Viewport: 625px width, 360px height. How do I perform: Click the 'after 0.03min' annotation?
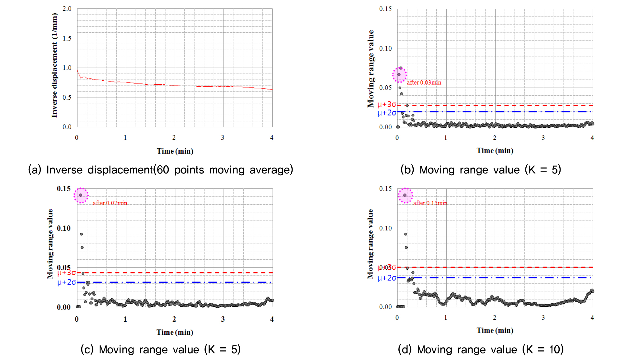tap(424, 83)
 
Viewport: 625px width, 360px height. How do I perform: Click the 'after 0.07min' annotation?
tap(110, 203)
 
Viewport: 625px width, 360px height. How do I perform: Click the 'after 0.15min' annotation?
tap(430, 203)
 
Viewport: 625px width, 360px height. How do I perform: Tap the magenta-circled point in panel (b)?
tap(399, 75)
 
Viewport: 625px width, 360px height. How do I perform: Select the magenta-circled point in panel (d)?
tap(405, 195)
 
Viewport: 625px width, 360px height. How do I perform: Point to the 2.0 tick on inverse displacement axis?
tap(67, 9)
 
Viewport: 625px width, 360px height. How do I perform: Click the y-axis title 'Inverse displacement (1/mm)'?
tap(54, 65)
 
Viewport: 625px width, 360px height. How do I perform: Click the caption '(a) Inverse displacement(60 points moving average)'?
tap(161, 170)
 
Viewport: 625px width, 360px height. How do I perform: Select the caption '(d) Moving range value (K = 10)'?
tap(481, 349)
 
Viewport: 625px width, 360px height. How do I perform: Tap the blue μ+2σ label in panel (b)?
tap(387, 113)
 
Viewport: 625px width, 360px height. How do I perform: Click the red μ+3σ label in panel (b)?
tap(387, 104)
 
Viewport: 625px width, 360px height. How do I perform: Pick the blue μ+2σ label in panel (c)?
tap(66, 282)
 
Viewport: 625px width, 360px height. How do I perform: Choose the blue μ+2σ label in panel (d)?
tap(387, 278)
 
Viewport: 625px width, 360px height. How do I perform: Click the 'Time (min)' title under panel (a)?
tap(175, 151)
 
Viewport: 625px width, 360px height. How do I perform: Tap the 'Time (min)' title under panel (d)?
tap(495, 330)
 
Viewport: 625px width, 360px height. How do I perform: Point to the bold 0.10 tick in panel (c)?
tap(64, 228)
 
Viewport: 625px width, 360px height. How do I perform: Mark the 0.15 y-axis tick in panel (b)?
tap(385, 9)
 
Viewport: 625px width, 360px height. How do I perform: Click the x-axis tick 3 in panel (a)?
tap(223, 138)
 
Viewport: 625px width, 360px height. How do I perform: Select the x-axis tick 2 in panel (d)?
tap(494, 318)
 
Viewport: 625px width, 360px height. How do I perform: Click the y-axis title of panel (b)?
tap(371, 69)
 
